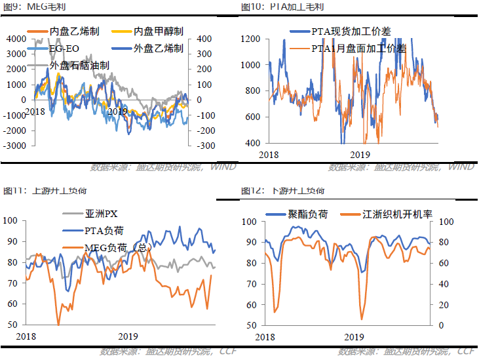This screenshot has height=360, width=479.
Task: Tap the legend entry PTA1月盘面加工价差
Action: tap(358, 48)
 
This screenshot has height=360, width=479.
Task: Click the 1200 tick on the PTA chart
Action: tap(251, 39)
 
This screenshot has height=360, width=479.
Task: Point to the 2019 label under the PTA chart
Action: tap(360, 154)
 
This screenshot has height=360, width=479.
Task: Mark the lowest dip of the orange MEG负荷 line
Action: tap(58, 324)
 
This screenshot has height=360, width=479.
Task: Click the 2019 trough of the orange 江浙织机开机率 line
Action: tap(362, 319)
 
